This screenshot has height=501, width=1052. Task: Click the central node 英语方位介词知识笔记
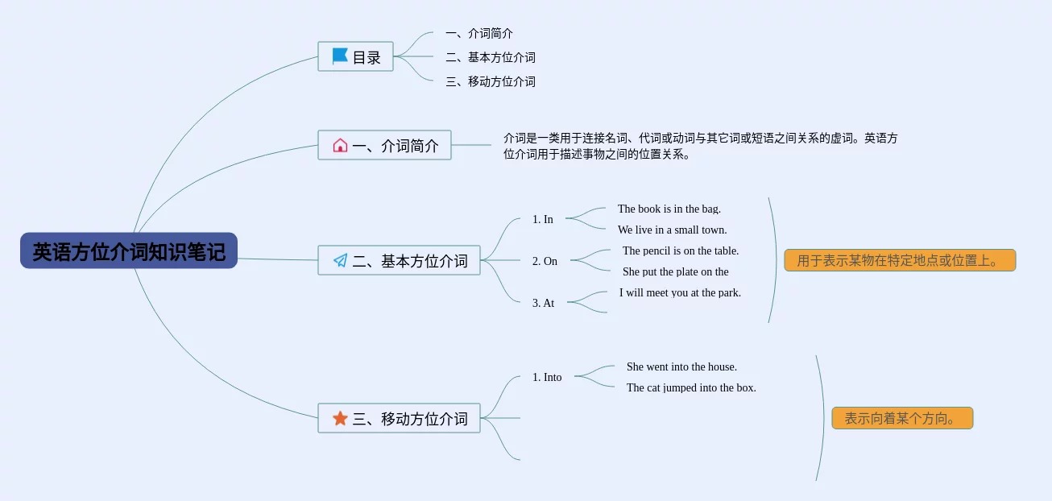(129, 251)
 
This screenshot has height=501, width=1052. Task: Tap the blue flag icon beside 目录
(340, 56)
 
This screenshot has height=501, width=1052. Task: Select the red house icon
(340, 145)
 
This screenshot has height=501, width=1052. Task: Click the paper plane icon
(340, 260)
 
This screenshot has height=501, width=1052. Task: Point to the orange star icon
(340, 418)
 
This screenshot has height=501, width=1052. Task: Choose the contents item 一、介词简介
(479, 34)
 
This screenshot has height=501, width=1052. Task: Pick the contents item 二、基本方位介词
(491, 58)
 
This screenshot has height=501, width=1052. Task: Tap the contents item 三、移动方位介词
(491, 82)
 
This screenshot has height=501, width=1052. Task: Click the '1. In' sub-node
(543, 219)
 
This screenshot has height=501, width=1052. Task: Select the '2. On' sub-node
(545, 261)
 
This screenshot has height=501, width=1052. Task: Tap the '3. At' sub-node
(543, 303)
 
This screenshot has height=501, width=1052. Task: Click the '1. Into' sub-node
(547, 377)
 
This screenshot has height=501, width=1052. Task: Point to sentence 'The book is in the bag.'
(669, 209)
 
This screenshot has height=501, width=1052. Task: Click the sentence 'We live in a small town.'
(672, 230)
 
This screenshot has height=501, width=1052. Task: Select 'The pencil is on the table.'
(681, 251)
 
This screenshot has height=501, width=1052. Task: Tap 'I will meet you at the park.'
(680, 293)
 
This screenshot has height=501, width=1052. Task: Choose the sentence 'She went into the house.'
(681, 367)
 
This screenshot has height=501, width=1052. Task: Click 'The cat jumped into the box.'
(691, 388)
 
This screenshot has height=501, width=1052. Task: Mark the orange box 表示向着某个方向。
(902, 418)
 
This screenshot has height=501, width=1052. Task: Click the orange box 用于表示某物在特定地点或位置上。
(900, 260)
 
